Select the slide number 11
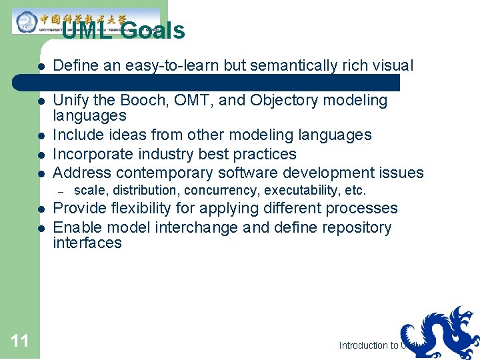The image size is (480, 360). coord(20,341)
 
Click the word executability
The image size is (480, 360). coord(303,191)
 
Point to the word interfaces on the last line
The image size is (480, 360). coord(87,243)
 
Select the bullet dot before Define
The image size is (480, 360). coord(41,66)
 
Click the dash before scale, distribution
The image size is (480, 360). coord(59,191)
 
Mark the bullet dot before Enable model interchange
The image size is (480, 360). coord(41,228)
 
